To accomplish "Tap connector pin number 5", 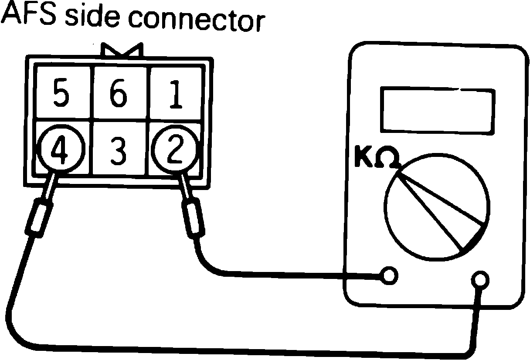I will click(61, 93).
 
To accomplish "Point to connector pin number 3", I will click(118, 150).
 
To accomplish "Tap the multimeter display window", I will click(438, 109).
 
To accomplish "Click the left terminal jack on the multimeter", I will click(389, 275).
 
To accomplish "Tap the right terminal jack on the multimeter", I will click(480, 279).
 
